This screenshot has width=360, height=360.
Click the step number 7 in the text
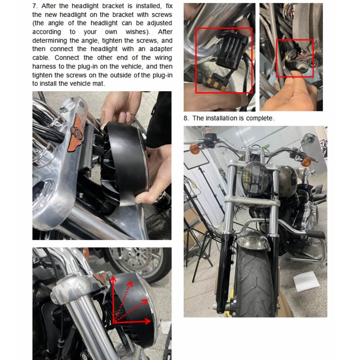(35, 6)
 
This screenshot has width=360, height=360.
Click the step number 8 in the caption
(186, 118)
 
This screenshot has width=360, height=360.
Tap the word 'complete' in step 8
(260, 118)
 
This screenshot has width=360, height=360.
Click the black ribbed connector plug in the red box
(231, 49)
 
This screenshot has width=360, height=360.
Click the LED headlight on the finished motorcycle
(255, 178)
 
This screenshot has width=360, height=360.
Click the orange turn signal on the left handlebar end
(195, 149)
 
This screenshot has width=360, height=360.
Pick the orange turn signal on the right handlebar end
(306, 162)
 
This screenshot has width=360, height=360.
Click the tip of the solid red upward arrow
(113, 276)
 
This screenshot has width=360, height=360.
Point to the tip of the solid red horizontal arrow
(151, 321)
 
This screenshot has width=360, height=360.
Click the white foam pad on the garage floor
(306, 282)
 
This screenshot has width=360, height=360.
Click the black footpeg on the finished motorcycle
(315, 234)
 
